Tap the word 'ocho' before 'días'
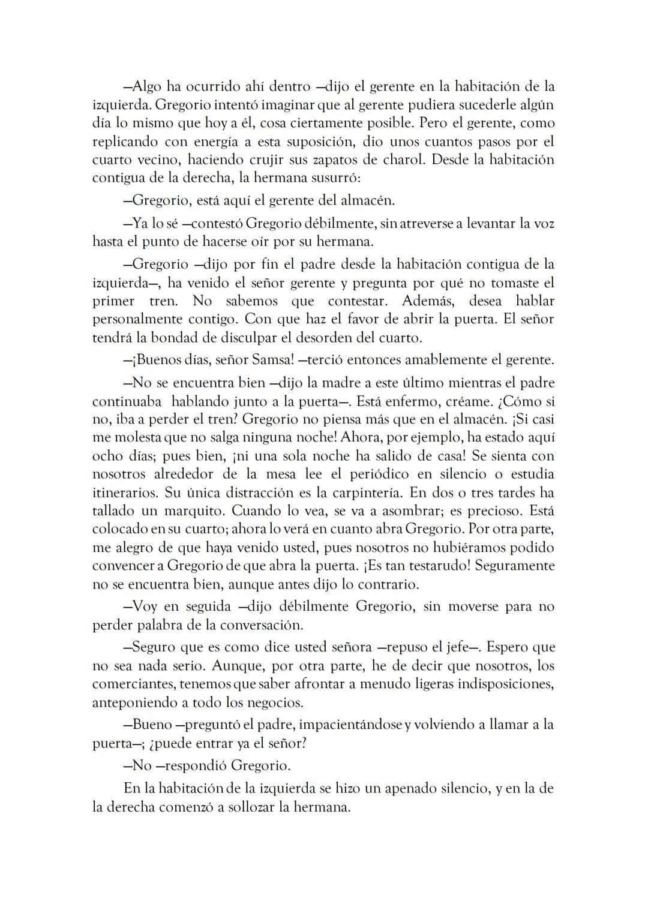pyautogui.click(x=106, y=456)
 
